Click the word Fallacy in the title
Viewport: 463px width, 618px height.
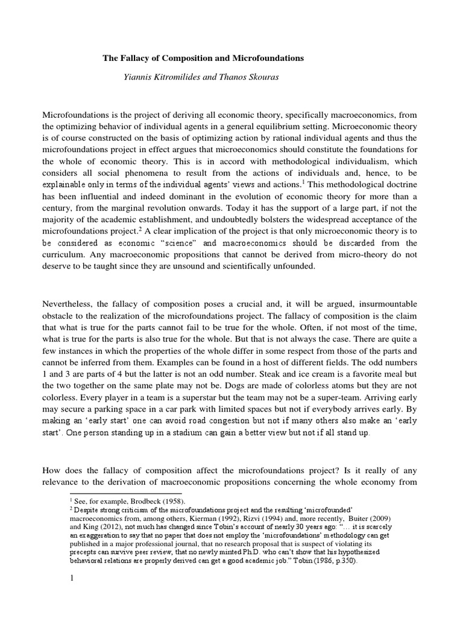pyautogui.click(x=132, y=59)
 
